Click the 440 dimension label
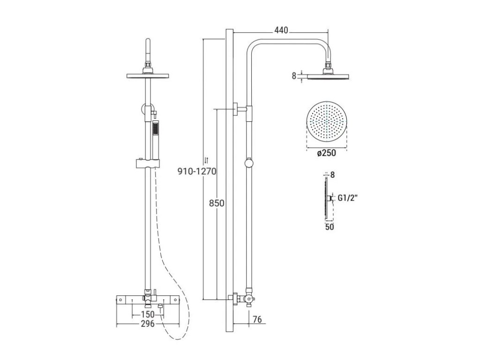[x=281, y=30]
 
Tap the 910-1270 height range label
[x=197, y=171]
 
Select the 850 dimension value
[x=217, y=203]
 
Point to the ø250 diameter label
[x=327, y=153]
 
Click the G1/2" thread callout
[x=348, y=198]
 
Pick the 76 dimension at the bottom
[x=257, y=319]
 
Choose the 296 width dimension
[x=148, y=323]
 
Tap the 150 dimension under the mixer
[x=148, y=315]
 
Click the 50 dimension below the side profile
[x=330, y=227]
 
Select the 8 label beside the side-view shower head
[x=294, y=76]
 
